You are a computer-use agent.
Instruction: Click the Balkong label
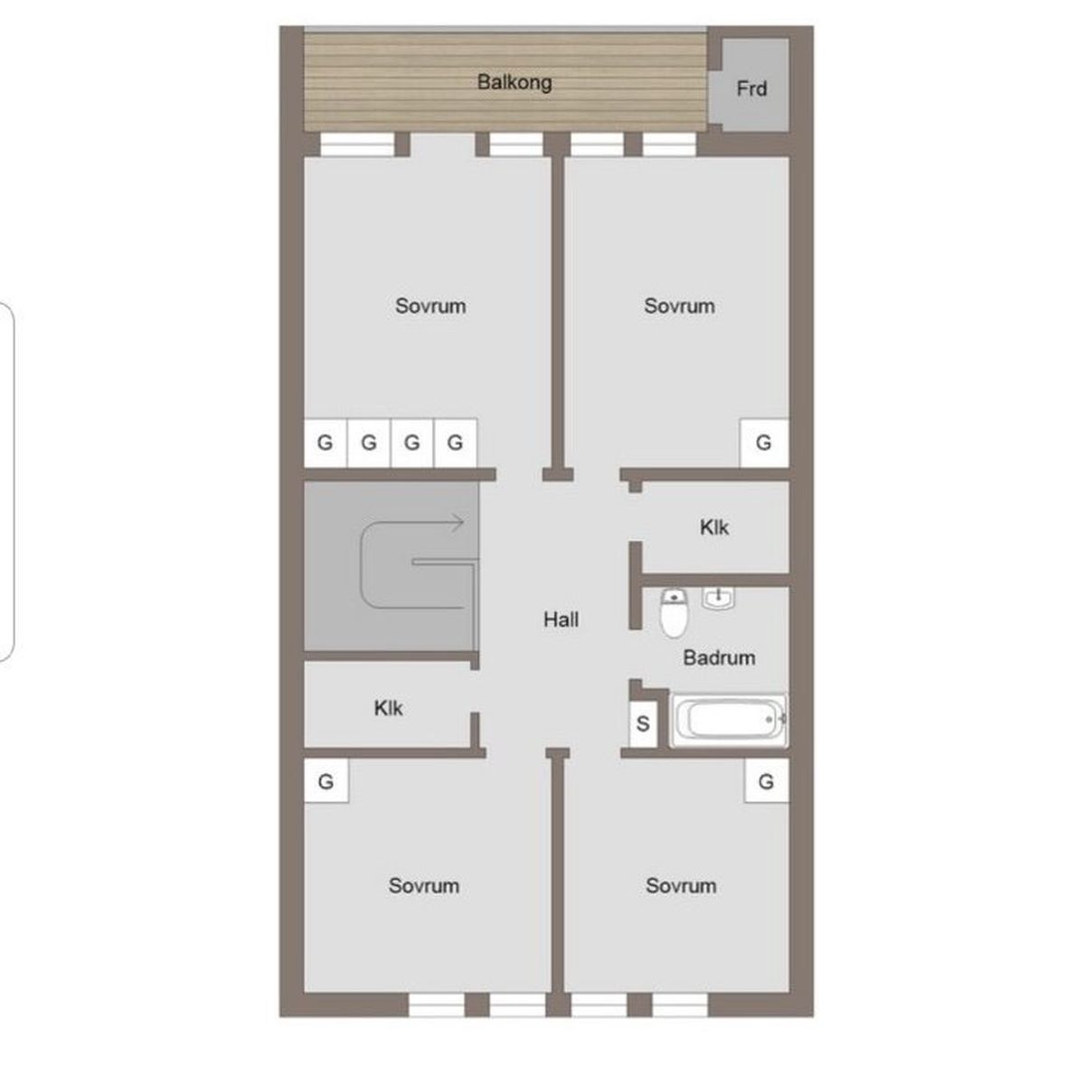(x=514, y=83)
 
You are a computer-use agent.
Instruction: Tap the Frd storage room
(x=754, y=84)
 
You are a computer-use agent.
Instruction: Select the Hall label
(x=561, y=620)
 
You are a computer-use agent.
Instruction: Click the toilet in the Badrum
(x=674, y=613)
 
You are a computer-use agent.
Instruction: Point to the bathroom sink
(x=718, y=598)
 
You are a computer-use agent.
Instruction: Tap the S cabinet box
(x=643, y=724)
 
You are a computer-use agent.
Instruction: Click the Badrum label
(x=719, y=657)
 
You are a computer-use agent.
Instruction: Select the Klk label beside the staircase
(x=388, y=708)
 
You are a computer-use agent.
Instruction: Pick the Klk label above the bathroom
(x=714, y=527)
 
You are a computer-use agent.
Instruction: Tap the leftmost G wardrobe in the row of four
(x=325, y=442)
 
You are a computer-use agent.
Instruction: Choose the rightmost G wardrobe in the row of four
(x=456, y=442)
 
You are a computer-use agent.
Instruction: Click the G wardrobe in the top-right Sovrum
(x=764, y=442)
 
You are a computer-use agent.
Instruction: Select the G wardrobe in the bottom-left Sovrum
(x=326, y=781)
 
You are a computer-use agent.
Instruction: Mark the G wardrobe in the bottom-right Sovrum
(x=767, y=781)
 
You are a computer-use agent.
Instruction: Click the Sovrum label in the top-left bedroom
(x=430, y=307)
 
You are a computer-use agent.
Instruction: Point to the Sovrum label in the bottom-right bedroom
(x=682, y=886)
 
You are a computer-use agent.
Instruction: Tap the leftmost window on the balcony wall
(x=357, y=144)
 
